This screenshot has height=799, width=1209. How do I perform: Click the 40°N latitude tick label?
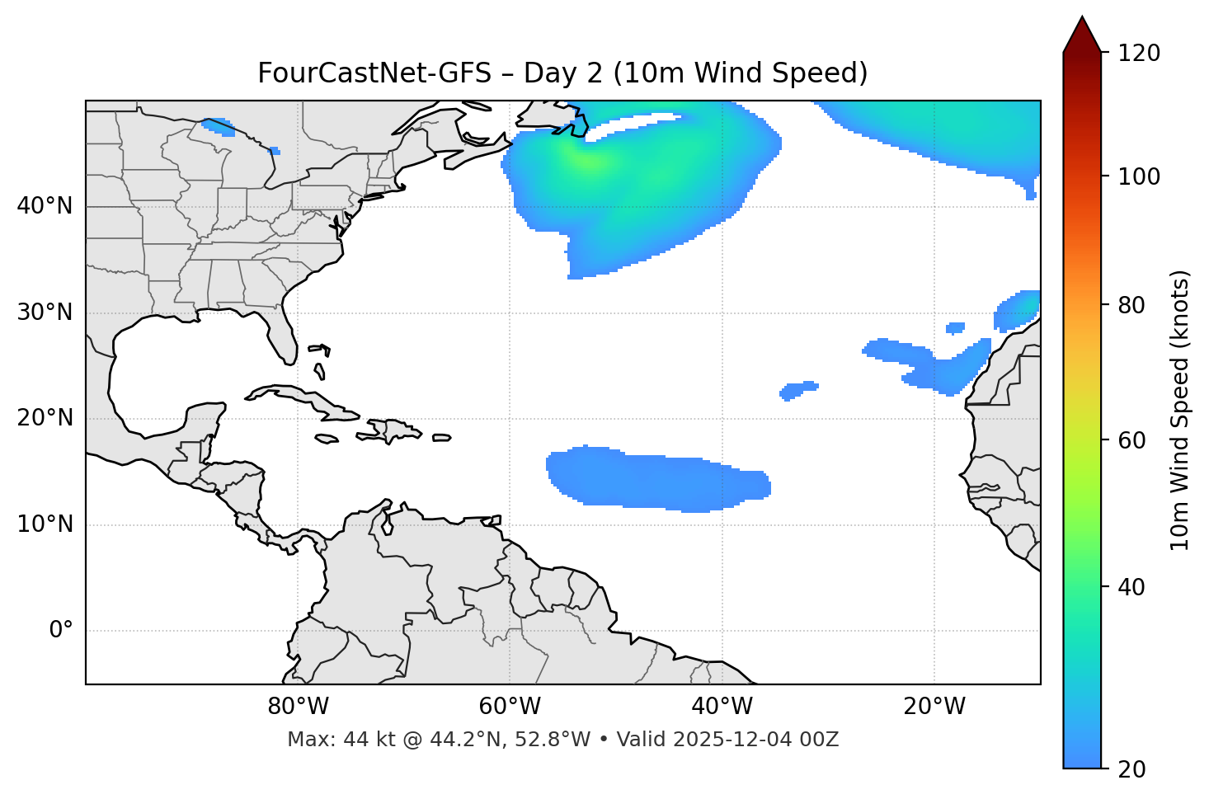45,206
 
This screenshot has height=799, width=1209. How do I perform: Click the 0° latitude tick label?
61,631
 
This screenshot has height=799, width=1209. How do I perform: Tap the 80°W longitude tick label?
298,707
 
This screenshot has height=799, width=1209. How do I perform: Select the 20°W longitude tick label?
934,707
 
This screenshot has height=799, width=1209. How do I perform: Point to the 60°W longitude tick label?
510,707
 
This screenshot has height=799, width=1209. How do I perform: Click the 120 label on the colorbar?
1139,54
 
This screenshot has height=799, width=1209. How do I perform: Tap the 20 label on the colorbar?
1131,769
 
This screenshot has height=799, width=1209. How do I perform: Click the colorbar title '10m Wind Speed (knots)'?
1180,410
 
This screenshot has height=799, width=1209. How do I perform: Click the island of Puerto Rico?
442,438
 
